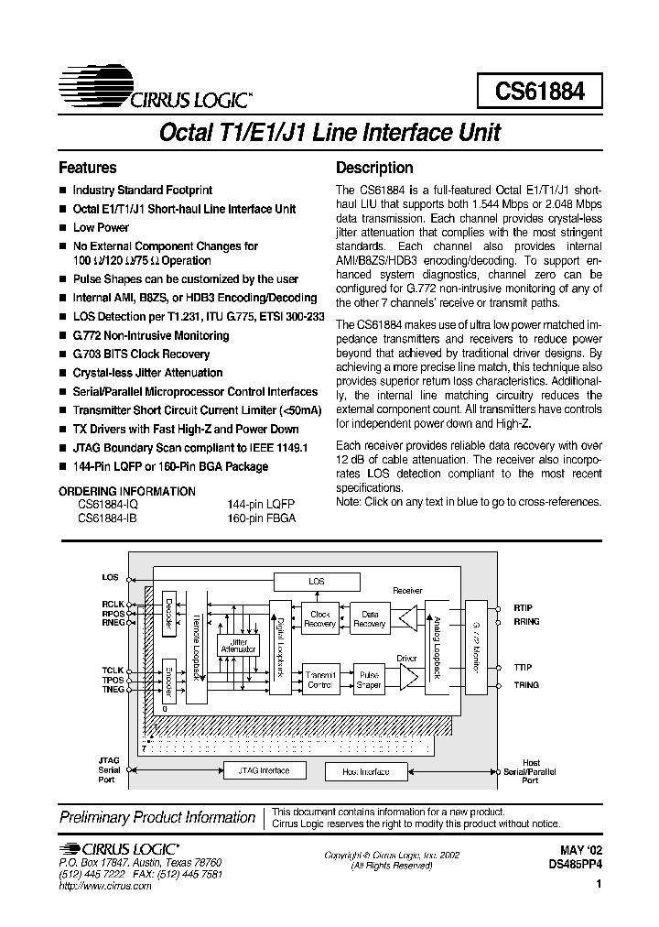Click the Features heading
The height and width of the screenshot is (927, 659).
click(x=88, y=168)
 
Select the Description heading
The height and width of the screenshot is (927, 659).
click(x=374, y=168)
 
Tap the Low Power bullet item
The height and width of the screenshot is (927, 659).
click(x=101, y=227)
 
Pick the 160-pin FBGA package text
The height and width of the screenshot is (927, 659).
click(x=261, y=518)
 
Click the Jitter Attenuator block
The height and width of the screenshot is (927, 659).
click(x=238, y=645)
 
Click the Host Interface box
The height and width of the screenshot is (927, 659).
click(x=366, y=771)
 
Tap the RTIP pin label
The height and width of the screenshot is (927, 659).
click(x=523, y=607)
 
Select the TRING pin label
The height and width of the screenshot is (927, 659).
click(x=526, y=685)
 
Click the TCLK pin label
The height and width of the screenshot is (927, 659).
click(x=113, y=671)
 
